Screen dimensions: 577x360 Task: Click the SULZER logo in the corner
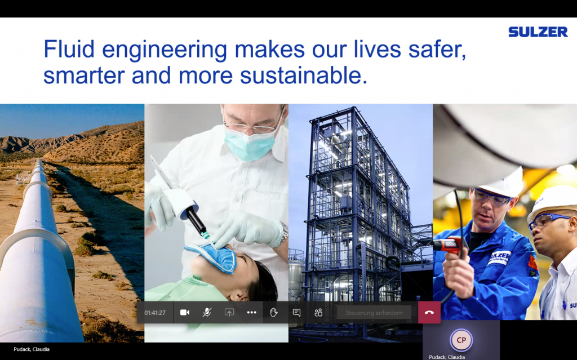coord(538,32)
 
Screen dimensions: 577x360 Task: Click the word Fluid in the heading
coord(69,49)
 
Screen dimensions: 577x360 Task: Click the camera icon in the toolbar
coord(185,313)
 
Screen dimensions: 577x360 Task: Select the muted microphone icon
coord(207,313)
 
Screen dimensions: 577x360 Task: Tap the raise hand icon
coord(274,313)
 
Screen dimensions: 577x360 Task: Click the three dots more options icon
coord(252,313)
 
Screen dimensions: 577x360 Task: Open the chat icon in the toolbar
coord(296,313)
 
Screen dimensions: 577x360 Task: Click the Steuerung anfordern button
coord(374,313)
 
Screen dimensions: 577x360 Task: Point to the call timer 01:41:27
coord(155,313)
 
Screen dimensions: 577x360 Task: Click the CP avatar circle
coord(461,340)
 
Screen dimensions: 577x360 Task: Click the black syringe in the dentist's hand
coord(197,220)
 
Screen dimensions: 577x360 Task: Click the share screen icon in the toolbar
coord(229,313)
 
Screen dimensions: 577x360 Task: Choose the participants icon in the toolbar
coord(319,313)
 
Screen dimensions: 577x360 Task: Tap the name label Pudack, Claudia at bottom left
coord(32,349)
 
